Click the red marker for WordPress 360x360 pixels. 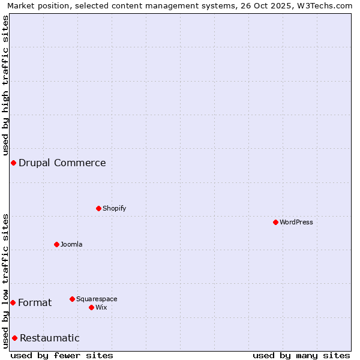[x=275, y=222]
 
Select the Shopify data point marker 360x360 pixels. [x=98, y=208]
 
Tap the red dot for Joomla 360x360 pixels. [x=56, y=244]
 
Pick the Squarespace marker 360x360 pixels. [x=72, y=299]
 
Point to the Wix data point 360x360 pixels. [x=91, y=307]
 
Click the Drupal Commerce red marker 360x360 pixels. [x=13, y=163]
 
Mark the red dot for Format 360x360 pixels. [x=13, y=302]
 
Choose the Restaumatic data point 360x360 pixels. [x=14, y=338]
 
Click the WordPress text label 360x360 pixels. [x=296, y=222]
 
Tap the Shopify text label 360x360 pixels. [x=115, y=208]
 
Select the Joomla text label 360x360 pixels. [x=71, y=244]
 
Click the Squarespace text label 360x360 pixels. [x=97, y=299]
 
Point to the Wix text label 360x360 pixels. [x=101, y=307]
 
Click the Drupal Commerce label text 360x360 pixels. [x=62, y=163]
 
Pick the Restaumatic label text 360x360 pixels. [x=50, y=338]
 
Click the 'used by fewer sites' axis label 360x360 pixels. [x=62, y=355]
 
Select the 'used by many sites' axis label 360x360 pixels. [x=301, y=355]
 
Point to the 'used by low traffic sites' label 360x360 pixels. [x=6, y=281]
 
